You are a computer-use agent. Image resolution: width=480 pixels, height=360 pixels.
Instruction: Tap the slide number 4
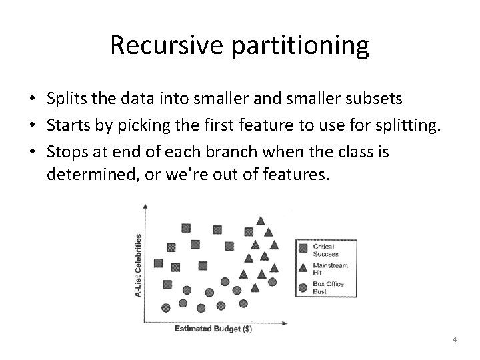[454, 339]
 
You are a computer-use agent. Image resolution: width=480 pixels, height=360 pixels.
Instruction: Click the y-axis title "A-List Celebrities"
[139, 265]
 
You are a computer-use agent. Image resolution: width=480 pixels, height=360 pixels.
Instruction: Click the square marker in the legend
[303, 248]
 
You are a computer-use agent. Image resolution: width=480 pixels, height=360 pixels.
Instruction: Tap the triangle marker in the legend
[303, 268]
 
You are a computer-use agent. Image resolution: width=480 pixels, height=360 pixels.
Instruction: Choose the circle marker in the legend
[303, 288]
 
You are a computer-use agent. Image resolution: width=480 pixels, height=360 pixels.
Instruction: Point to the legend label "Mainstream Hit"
[330, 269]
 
